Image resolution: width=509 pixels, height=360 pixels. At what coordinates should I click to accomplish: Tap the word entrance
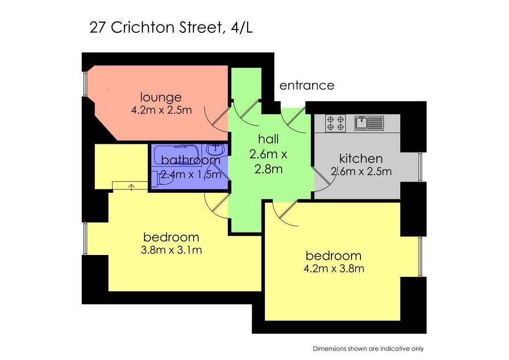click(307, 85)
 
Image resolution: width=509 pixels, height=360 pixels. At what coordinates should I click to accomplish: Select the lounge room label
click(161, 97)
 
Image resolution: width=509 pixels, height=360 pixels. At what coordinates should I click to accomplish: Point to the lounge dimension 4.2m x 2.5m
click(161, 110)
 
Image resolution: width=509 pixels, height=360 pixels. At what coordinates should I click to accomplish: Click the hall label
click(269, 139)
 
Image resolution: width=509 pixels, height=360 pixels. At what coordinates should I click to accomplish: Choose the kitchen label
click(361, 158)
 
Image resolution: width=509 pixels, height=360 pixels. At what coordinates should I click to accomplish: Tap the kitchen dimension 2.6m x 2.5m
click(361, 171)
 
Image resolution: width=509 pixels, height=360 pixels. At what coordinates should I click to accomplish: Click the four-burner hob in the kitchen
click(336, 123)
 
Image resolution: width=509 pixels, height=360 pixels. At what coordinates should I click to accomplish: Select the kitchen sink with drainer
click(369, 123)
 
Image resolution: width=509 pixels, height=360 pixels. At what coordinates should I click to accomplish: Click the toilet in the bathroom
click(163, 179)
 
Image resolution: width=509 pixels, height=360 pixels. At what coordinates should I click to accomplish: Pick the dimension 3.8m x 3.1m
click(172, 250)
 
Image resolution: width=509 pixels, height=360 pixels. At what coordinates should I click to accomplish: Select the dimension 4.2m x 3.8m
click(334, 269)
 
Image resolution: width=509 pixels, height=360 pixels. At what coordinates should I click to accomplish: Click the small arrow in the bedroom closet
click(132, 187)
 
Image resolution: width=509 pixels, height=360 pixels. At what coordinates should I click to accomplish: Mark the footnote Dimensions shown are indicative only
click(368, 349)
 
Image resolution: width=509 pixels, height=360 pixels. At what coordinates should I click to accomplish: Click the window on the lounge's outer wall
click(85, 84)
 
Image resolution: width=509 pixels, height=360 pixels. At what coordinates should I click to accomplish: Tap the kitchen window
click(421, 167)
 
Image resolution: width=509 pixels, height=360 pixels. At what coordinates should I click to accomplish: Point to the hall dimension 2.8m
click(269, 169)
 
